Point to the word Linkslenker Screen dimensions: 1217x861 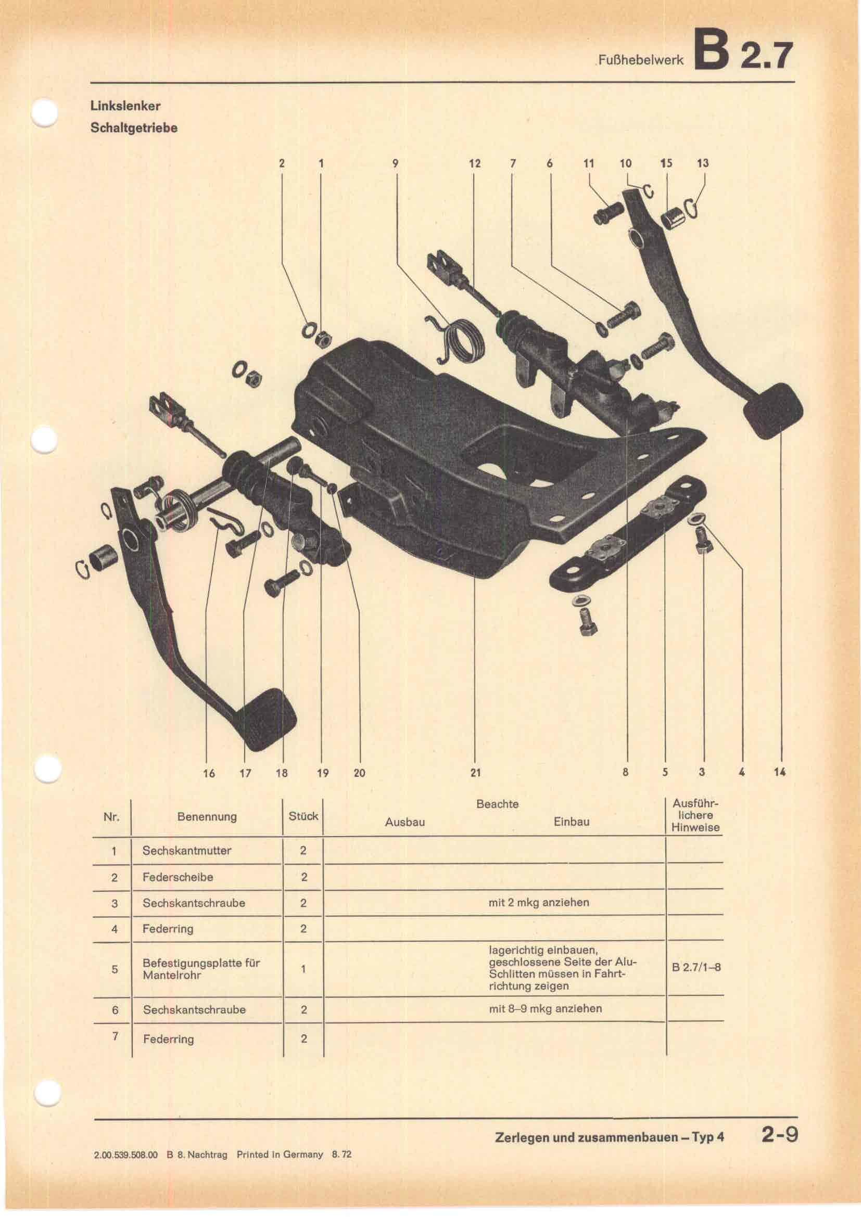pyautogui.click(x=125, y=106)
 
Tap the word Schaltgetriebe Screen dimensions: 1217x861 pyautogui.click(x=134, y=129)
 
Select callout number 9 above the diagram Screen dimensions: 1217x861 pyautogui.click(x=395, y=163)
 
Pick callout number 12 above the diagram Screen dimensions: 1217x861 pyautogui.click(x=475, y=163)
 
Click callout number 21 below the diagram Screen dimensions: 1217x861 pyautogui.click(x=475, y=773)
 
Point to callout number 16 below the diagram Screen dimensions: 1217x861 pyautogui.click(x=209, y=773)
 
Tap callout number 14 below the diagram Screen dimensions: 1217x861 pyautogui.click(x=779, y=772)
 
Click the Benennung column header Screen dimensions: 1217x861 pyautogui.click(x=207, y=817)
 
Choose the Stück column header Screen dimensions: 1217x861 pyautogui.click(x=303, y=816)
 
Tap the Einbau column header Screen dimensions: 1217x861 pyautogui.click(x=571, y=822)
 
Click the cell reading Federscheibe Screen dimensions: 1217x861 pyautogui.click(x=178, y=877)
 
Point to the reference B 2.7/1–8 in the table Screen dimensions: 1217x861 pyautogui.click(x=696, y=967)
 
